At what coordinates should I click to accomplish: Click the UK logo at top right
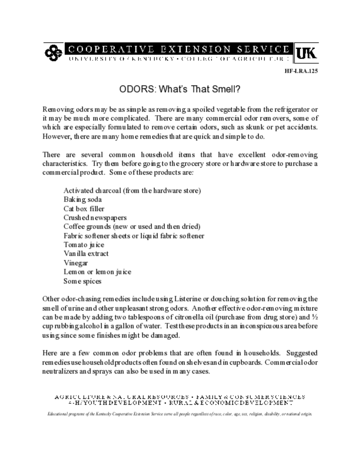[x=307, y=53]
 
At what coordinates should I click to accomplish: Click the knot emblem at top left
[x=53, y=53]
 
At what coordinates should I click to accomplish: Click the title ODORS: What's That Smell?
[x=180, y=89]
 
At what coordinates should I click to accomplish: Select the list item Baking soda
[x=82, y=199]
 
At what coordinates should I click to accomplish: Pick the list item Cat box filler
[x=84, y=208]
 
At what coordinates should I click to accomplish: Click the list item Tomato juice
[x=84, y=245]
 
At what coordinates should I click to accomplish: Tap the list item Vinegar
[x=76, y=263]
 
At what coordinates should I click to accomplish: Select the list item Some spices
[x=82, y=281]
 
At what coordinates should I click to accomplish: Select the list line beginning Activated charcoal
[x=132, y=190]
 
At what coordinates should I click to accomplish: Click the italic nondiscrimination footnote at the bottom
[x=180, y=415]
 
